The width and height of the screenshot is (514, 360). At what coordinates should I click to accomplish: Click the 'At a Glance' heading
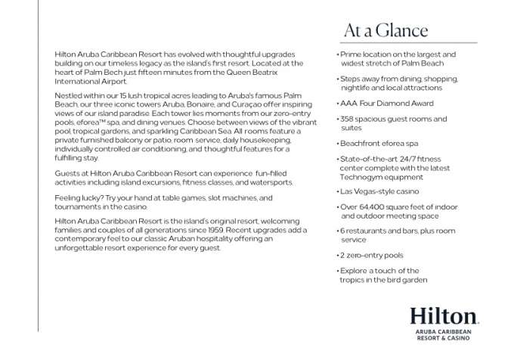[x=385, y=31]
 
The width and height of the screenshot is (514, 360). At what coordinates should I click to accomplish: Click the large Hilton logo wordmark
[x=444, y=316]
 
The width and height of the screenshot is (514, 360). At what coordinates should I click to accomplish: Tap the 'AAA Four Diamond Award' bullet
[x=386, y=103]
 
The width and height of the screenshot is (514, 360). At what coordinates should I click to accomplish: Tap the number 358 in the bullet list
[x=349, y=119]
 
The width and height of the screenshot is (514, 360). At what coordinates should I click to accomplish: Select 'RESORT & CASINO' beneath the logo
[x=444, y=340]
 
